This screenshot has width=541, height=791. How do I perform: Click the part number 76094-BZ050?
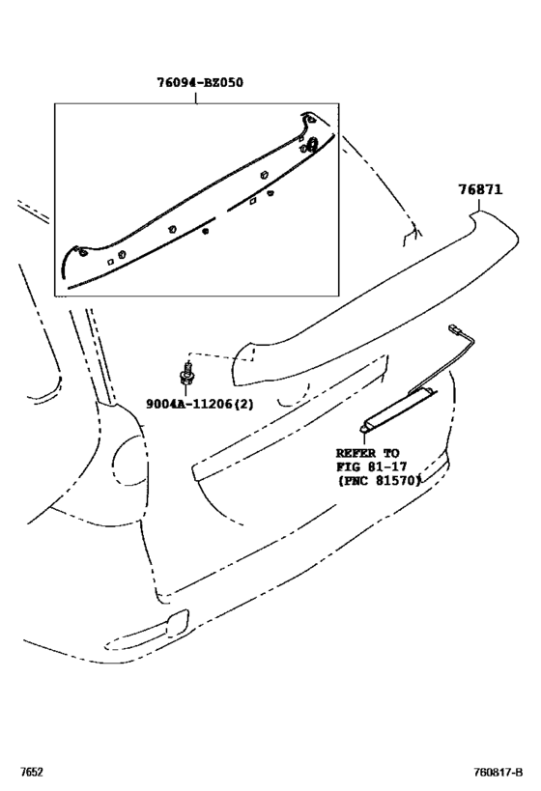[199, 82]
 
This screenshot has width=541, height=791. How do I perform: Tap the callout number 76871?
[480, 189]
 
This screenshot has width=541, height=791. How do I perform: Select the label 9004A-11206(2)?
[200, 404]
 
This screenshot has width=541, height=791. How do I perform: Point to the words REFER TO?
[367, 453]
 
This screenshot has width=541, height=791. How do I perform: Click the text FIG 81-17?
[371, 466]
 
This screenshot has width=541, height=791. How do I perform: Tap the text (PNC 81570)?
[379, 481]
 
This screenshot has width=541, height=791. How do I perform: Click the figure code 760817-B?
[498, 773]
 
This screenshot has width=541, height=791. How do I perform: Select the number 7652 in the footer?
[31, 773]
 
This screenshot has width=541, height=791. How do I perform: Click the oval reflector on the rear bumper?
[147, 628]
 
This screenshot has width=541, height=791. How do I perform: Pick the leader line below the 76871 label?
[479, 204]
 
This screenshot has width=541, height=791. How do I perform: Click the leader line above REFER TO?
[363, 438]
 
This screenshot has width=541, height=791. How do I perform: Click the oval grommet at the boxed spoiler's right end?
[311, 145]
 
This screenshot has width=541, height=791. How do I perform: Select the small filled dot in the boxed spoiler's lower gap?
[205, 231]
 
